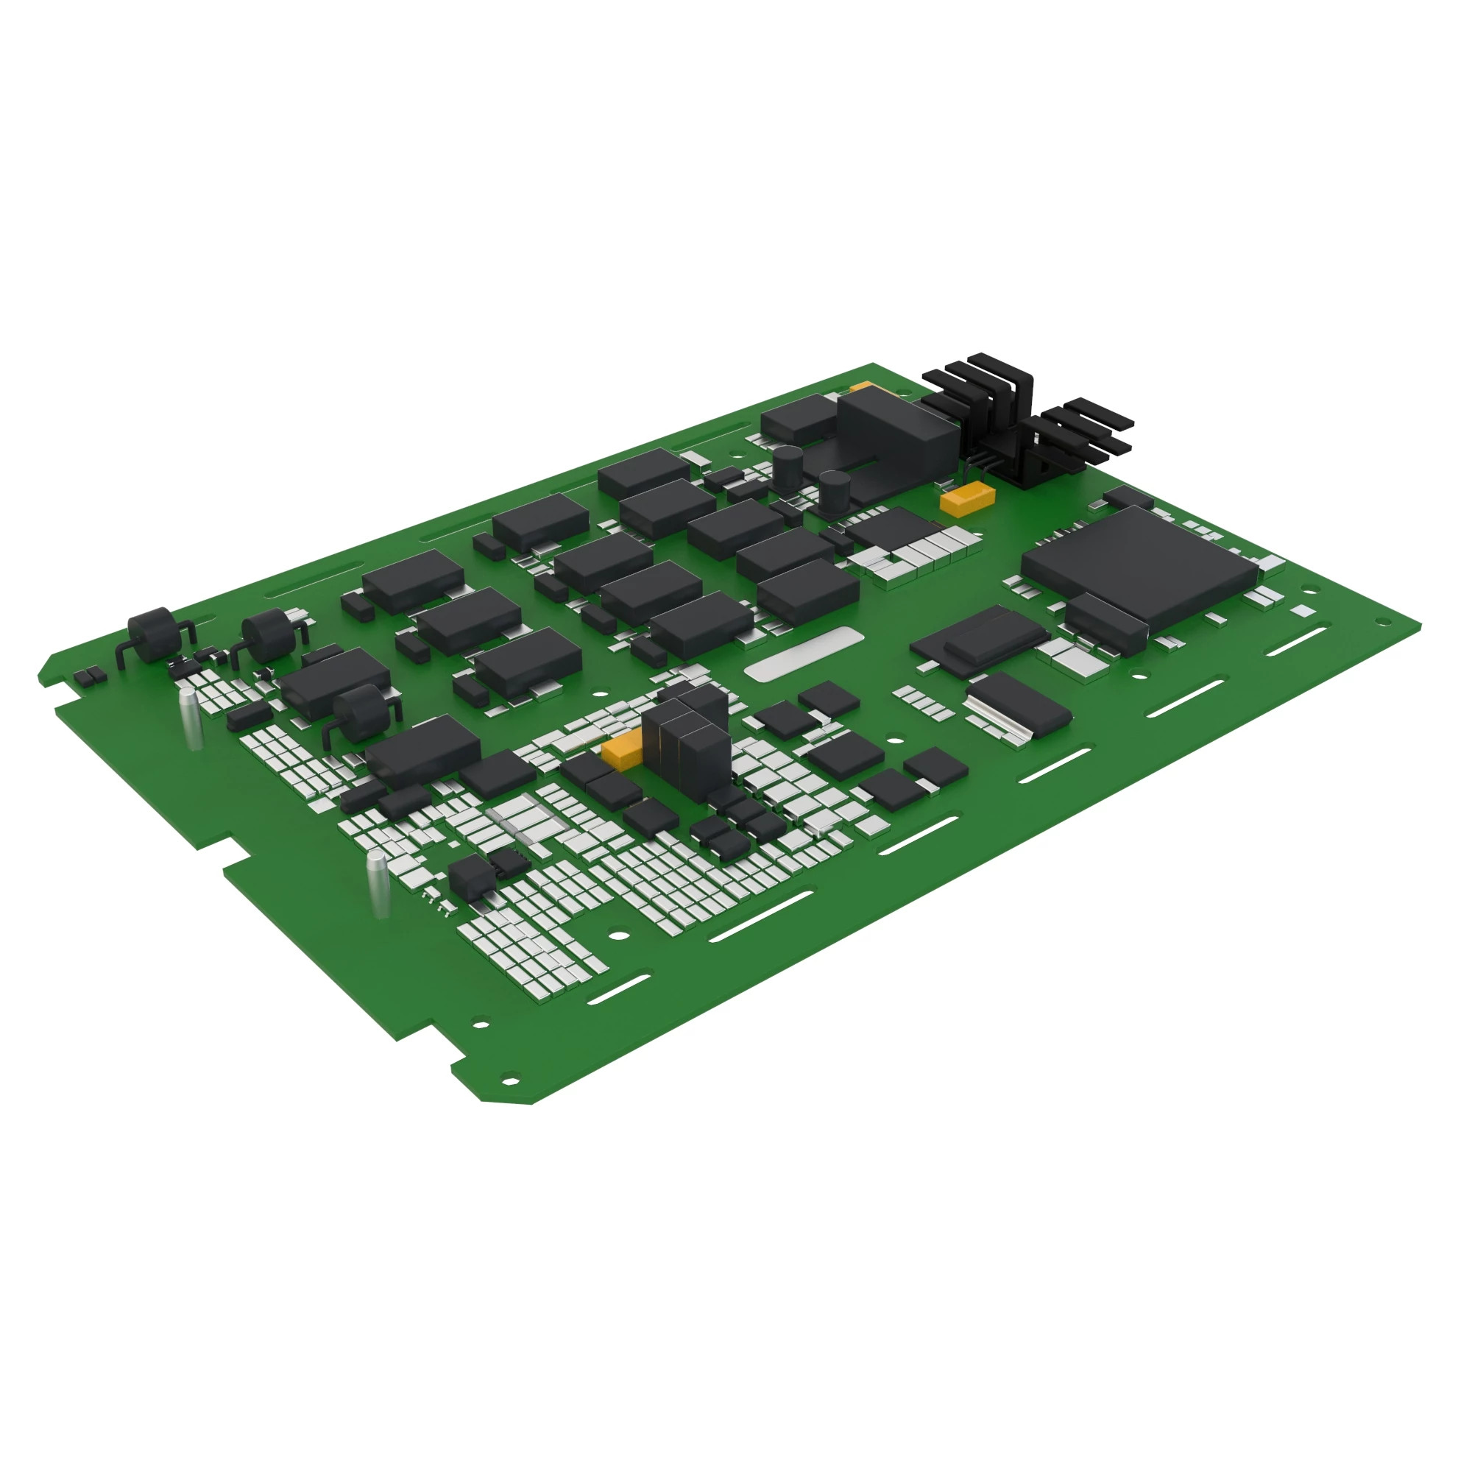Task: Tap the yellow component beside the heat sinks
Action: (x=967, y=498)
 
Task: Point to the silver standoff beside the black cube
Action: (x=378, y=884)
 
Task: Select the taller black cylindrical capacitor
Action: (x=788, y=468)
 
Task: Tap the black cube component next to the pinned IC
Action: (x=468, y=876)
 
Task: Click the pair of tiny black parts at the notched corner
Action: (x=89, y=675)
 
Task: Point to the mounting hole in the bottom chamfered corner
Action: (x=509, y=1080)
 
